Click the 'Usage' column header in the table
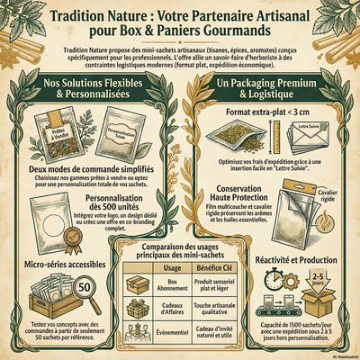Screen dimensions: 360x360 (174, 267)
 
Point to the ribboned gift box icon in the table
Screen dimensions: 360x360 (141, 310)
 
